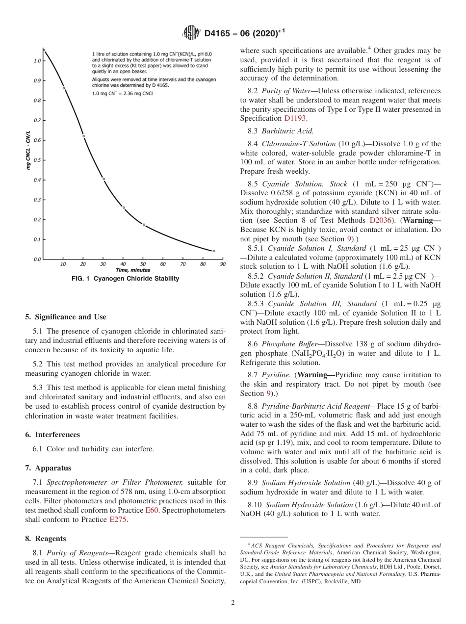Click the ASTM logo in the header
(191, 33)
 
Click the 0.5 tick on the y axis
(37, 160)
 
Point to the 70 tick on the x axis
(182, 264)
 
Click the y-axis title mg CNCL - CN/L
(28, 150)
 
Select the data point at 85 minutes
(213, 251)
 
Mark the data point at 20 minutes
(83, 136)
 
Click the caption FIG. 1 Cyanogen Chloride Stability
(126, 279)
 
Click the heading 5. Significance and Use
(66, 317)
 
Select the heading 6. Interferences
(52, 435)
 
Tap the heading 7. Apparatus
(48, 468)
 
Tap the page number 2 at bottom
(233, 603)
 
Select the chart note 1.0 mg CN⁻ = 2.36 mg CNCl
(122, 93)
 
